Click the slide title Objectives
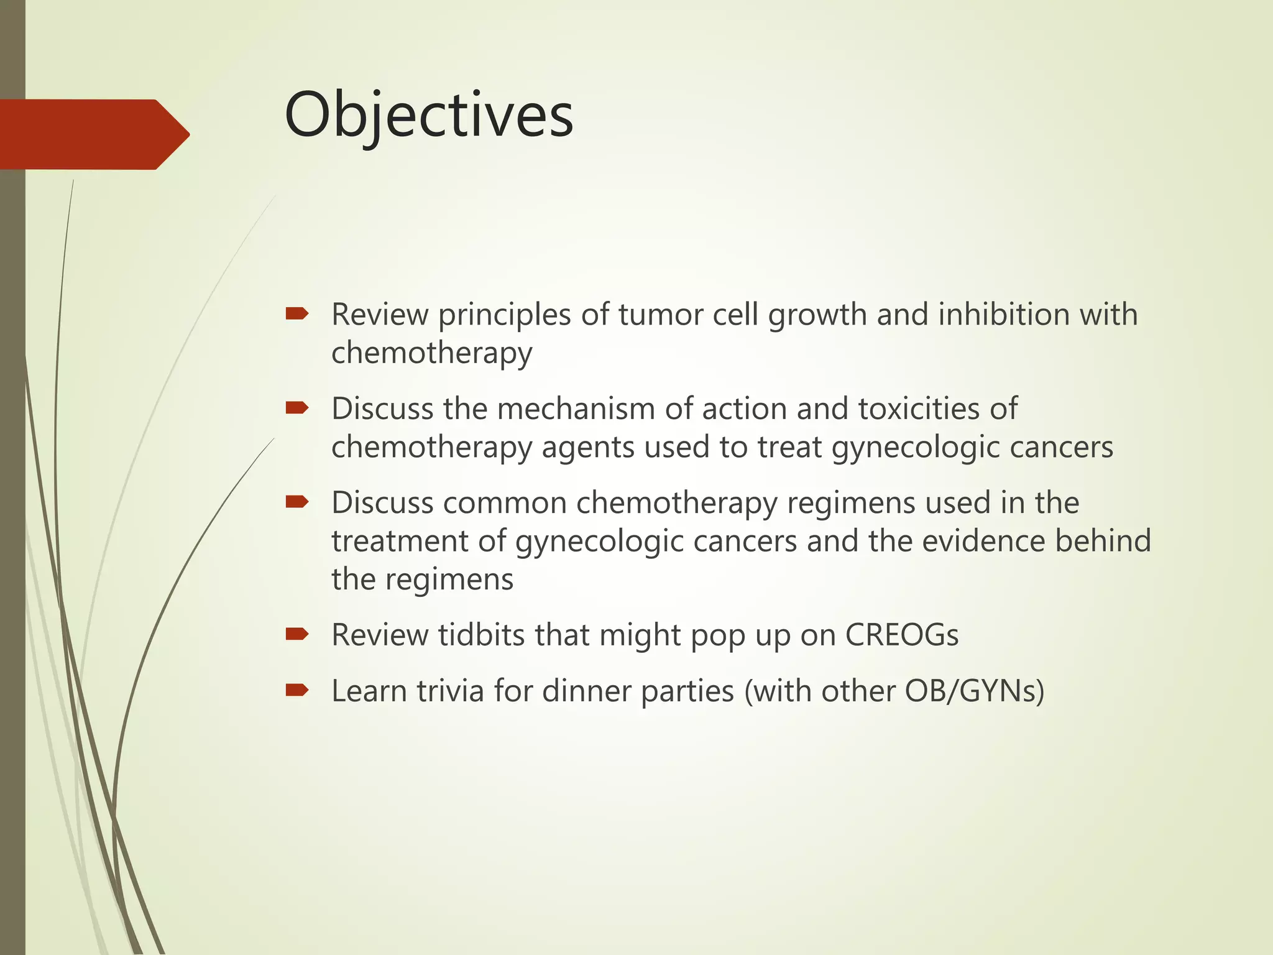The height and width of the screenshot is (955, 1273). pyautogui.click(x=428, y=116)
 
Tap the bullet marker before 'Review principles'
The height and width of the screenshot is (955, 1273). pyautogui.click(x=297, y=313)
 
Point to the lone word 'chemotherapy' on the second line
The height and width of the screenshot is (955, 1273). pyautogui.click(x=431, y=353)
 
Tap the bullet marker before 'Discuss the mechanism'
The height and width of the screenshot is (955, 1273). pyautogui.click(x=297, y=408)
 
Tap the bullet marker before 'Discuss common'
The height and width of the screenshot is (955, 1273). pyautogui.click(x=297, y=502)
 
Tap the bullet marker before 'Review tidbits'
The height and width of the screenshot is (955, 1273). pyautogui.click(x=297, y=634)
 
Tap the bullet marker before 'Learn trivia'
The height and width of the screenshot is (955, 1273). pyautogui.click(x=297, y=690)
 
